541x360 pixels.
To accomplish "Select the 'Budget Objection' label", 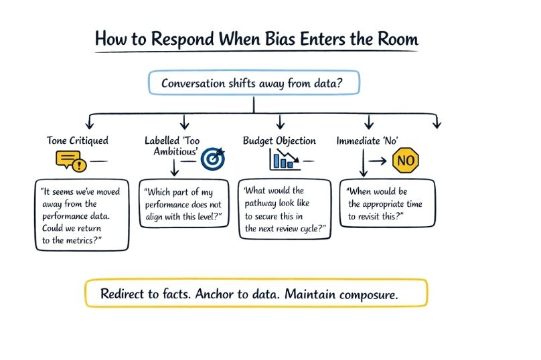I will coord(279,141).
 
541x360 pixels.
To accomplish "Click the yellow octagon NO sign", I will coord(406,161).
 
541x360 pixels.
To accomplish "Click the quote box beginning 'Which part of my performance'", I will coord(183,203).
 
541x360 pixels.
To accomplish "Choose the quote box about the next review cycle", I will coord(285,209).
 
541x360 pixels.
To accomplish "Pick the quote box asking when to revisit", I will coord(390,203).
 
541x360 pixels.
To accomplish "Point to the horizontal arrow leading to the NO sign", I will coord(379,161).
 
